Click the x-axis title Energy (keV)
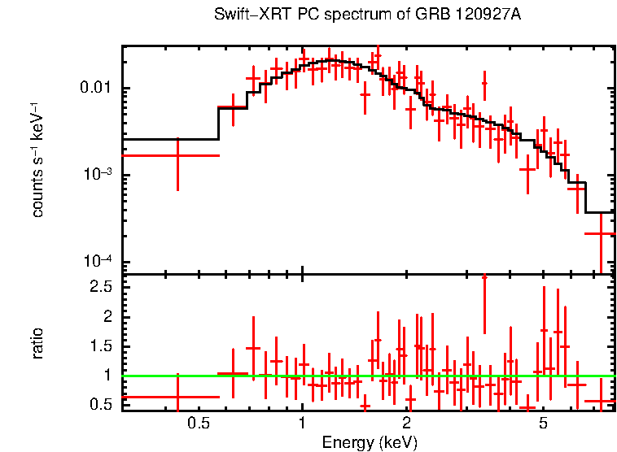(370, 442)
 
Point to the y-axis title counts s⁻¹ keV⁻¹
(37, 159)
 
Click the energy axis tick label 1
(302, 423)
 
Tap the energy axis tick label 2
(406, 423)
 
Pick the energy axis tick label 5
(544, 423)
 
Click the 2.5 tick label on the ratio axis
(102, 287)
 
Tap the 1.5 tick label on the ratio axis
(102, 346)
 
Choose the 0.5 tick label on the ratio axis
(102, 405)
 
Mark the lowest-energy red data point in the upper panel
(177, 154)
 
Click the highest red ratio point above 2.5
(484, 277)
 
